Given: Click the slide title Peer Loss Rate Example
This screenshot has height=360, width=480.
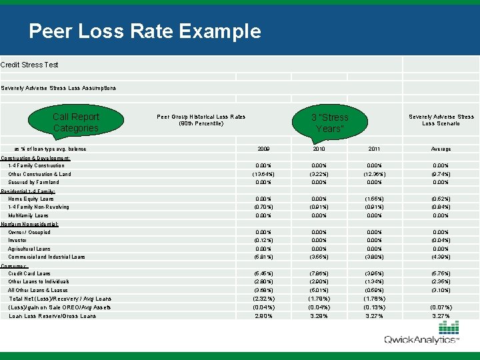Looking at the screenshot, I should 145,31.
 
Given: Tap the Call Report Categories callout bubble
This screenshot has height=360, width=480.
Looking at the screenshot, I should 75,122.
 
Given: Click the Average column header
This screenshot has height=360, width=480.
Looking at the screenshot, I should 440,149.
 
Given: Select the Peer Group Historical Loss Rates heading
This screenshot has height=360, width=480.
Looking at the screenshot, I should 201,120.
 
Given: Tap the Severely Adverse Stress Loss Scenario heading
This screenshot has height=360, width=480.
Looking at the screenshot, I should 441,120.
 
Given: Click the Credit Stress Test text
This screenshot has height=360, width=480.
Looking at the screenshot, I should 29,65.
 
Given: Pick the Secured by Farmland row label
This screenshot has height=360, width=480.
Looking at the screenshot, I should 33,182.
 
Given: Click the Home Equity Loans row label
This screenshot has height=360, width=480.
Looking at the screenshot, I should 31,199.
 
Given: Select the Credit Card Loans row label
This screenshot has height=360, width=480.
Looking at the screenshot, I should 29,273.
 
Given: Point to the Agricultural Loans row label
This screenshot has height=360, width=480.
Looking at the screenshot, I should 29,249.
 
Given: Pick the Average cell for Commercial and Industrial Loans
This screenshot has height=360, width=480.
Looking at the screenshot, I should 440,257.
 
